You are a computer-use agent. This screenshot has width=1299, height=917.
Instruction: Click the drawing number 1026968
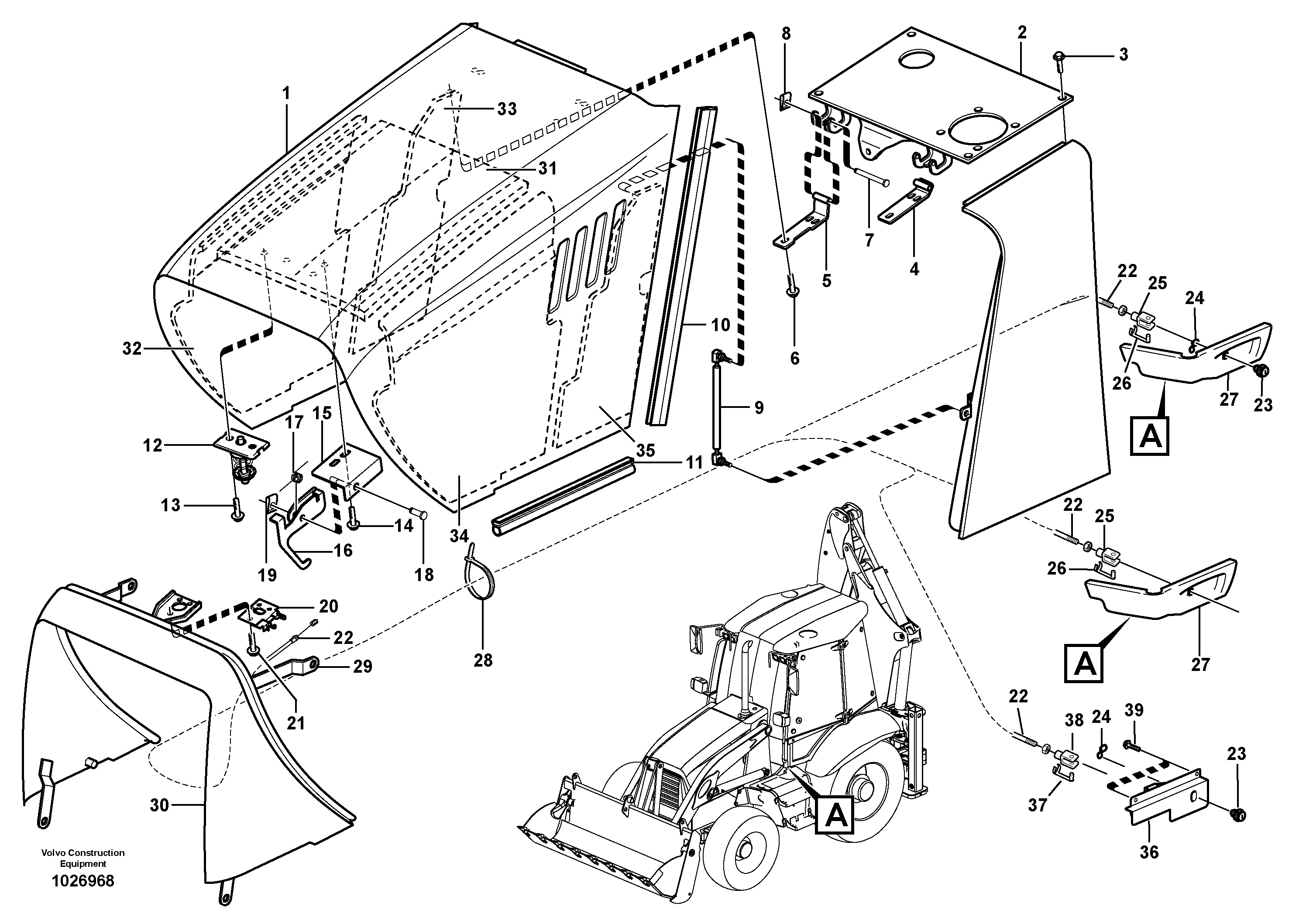[82, 881]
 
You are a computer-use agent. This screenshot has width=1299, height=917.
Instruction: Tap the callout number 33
[506, 109]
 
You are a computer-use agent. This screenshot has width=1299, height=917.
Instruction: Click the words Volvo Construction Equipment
[82, 858]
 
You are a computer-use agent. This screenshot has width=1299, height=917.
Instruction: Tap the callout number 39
[1134, 710]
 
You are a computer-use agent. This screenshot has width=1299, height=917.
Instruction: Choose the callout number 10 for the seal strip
[720, 325]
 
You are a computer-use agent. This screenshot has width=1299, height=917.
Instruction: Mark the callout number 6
[794, 359]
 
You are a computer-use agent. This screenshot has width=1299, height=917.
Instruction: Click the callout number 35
[645, 451]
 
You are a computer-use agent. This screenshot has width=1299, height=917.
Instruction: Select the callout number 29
[363, 667]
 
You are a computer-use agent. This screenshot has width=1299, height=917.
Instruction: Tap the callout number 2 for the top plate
[1021, 33]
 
